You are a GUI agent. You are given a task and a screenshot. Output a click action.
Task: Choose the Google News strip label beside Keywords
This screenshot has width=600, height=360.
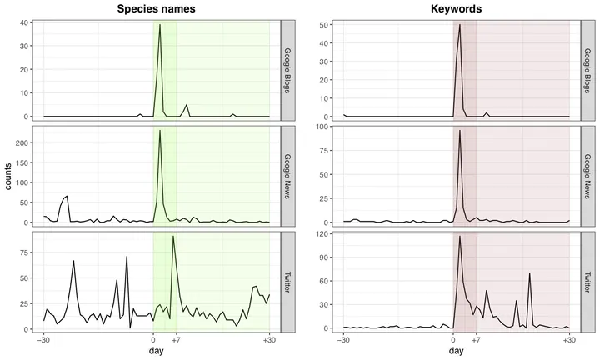pos(587,175)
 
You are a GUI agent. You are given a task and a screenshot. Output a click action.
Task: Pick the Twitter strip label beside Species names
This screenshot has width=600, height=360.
pos(287,281)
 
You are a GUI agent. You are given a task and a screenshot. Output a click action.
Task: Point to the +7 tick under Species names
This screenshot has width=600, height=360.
pos(177,341)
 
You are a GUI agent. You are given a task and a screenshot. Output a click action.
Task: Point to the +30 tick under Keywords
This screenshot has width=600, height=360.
pos(569,341)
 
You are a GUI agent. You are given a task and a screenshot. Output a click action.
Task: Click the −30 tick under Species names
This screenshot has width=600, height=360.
pos(43,341)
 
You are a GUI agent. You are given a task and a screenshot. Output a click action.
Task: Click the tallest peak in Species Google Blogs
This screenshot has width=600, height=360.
pos(160,25)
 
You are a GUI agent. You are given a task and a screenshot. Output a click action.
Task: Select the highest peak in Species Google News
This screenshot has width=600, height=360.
pos(160,131)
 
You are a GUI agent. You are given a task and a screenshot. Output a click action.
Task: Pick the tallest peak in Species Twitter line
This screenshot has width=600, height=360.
pos(173,237)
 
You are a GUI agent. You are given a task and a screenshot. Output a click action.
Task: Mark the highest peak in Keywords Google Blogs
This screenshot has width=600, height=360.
pos(460,25)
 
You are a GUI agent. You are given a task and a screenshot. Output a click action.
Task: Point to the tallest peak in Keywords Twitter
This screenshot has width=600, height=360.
pos(460,237)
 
